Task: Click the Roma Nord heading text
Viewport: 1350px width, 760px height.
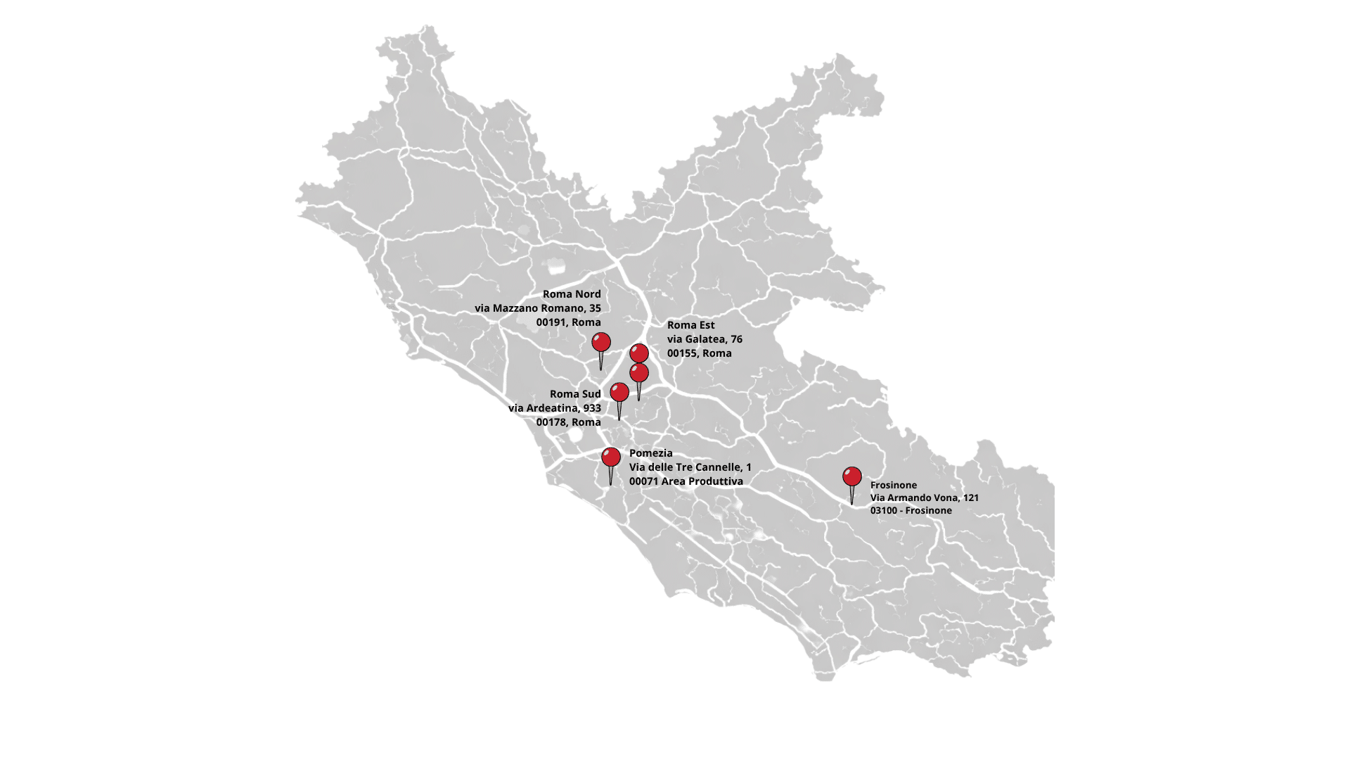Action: click(572, 294)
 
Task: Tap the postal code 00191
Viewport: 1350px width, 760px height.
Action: click(551, 322)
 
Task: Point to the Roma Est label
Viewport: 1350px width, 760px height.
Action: click(690, 325)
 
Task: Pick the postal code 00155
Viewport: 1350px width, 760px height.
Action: click(681, 353)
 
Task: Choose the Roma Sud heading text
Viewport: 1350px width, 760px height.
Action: click(575, 394)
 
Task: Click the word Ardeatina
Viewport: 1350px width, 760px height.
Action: click(553, 408)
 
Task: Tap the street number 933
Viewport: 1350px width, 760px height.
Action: click(592, 408)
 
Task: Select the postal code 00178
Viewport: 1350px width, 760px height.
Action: click(551, 422)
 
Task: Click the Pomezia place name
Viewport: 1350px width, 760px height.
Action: click(650, 453)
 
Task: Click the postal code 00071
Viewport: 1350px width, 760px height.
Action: click(643, 481)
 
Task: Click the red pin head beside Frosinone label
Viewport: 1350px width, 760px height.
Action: click(852, 476)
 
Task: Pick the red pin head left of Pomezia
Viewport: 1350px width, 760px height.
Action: click(611, 457)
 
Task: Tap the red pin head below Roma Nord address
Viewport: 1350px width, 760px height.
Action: click(601, 342)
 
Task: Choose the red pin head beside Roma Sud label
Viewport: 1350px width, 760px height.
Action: click(619, 392)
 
